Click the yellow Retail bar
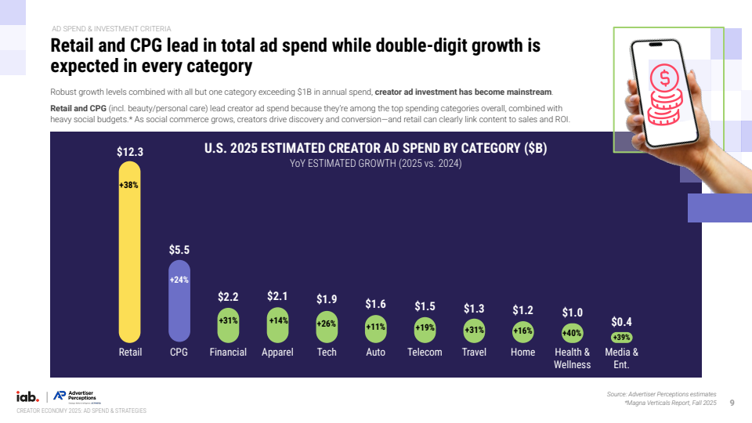[129, 258]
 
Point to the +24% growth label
[179, 280]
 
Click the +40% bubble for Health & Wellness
[572, 333]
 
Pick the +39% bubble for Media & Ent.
[621, 337]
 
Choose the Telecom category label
[425, 352]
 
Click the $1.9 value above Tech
[327, 299]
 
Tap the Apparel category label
[277, 352]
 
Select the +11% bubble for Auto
[375, 327]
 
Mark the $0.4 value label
[621, 321]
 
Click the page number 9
[732, 403]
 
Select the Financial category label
[228, 352]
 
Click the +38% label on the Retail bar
[129, 186]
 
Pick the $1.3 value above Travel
[474, 308]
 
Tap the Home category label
[522, 352]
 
